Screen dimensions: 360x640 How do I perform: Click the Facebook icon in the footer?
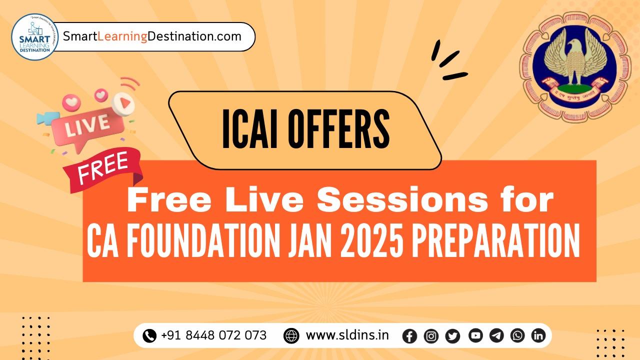click(x=409, y=336)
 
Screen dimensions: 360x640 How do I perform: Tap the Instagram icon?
click(x=431, y=336)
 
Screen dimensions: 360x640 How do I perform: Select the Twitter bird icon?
click(x=452, y=336)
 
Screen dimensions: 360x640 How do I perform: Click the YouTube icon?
click(x=475, y=335)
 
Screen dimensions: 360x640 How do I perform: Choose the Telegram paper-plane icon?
click(x=496, y=335)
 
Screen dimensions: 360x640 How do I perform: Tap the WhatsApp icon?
click(x=517, y=335)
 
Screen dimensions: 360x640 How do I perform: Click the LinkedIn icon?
click(x=538, y=335)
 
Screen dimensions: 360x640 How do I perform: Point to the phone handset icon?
click(x=149, y=336)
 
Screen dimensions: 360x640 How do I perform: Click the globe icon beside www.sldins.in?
click(x=291, y=336)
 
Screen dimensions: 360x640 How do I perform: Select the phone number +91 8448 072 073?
click(x=213, y=335)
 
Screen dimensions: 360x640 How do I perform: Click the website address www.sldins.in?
click(x=347, y=335)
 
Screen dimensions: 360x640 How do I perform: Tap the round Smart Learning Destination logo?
click(x=34, y=37)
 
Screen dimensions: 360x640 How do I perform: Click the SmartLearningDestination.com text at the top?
click(x=152, y=36)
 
